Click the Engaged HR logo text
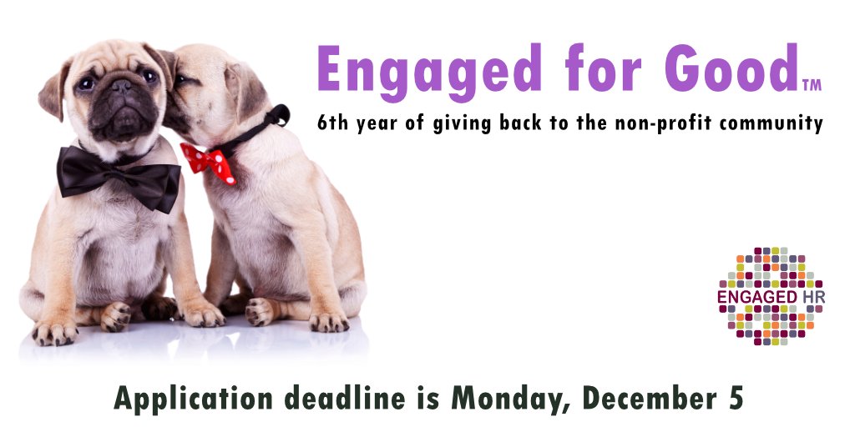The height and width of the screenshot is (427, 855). [771, 297]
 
